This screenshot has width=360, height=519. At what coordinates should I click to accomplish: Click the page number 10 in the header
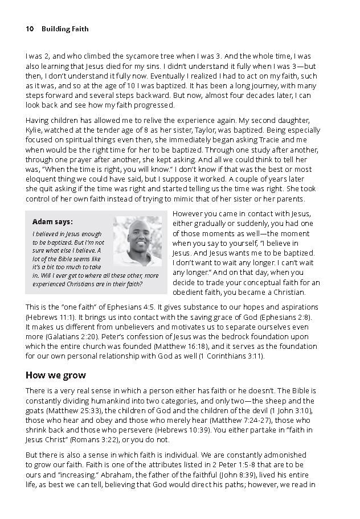30,28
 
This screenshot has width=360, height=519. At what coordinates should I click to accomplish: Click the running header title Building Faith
65,28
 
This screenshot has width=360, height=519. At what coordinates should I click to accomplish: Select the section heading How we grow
56,375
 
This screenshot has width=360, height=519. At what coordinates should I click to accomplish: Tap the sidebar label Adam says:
52,221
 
